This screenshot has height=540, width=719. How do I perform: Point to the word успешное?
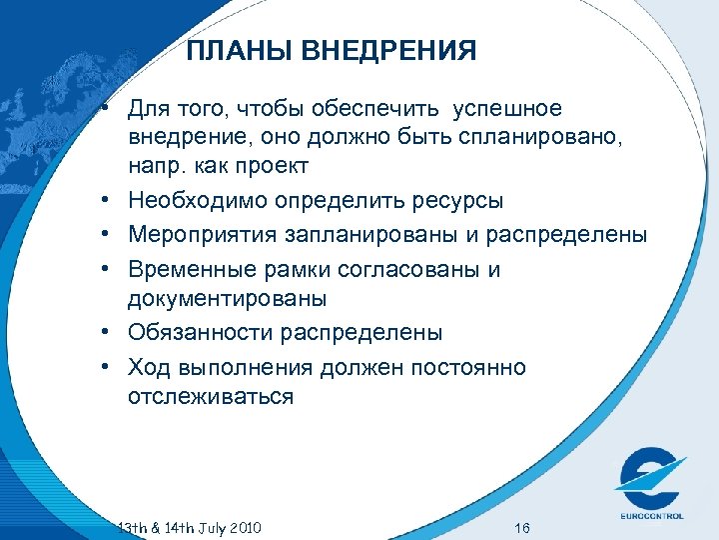pos(507,108)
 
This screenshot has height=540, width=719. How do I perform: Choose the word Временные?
pos(190,270)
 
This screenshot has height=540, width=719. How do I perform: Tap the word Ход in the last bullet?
pos(148,368)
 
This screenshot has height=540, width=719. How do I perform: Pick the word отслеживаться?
pos(210,397)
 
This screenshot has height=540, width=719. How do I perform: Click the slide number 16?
pos(520,527)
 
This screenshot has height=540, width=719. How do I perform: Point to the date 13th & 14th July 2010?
pos(190,527)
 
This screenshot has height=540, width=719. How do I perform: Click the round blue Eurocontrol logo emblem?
pos(649,478)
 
